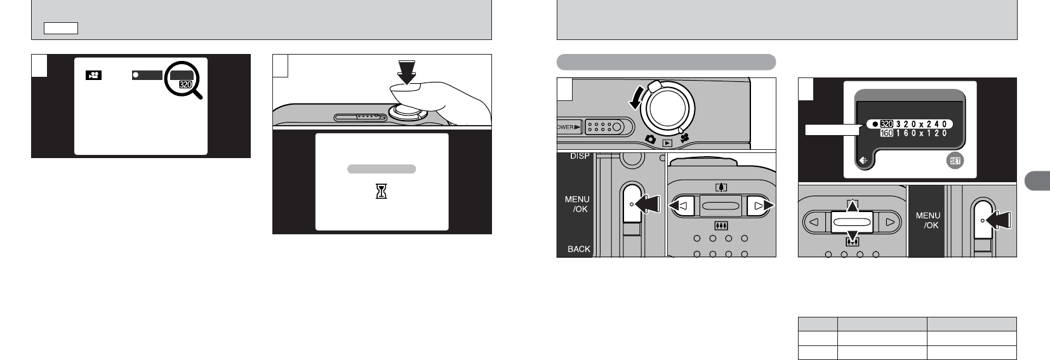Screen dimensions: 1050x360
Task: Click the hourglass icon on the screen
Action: click(x=382, y=191)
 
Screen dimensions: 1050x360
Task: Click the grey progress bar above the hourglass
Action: click(x=382, y=169)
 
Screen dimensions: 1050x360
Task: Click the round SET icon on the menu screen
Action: click(x=954, y=161)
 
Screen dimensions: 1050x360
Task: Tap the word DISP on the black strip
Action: click(x=578, y=157)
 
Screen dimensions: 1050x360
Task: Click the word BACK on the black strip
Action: click(x=578, y=249)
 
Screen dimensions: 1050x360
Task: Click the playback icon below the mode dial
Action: click(x=667, y=143)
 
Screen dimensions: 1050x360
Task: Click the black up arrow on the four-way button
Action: click(x=852, y=207)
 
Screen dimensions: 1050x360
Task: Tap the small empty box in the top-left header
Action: click(x=61, y=28)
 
